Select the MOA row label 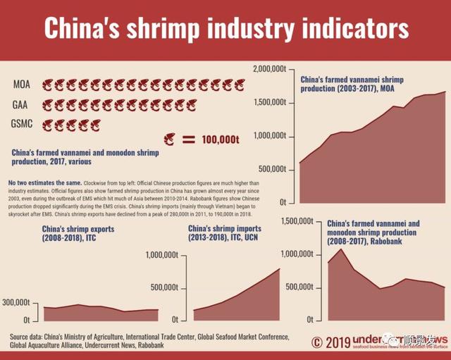click(x=22, y=85)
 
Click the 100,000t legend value click(x=216, y=139)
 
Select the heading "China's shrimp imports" click(x=225, y=229)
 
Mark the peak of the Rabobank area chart click(x=341, y=249)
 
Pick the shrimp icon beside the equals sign click(x=169, y=139)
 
